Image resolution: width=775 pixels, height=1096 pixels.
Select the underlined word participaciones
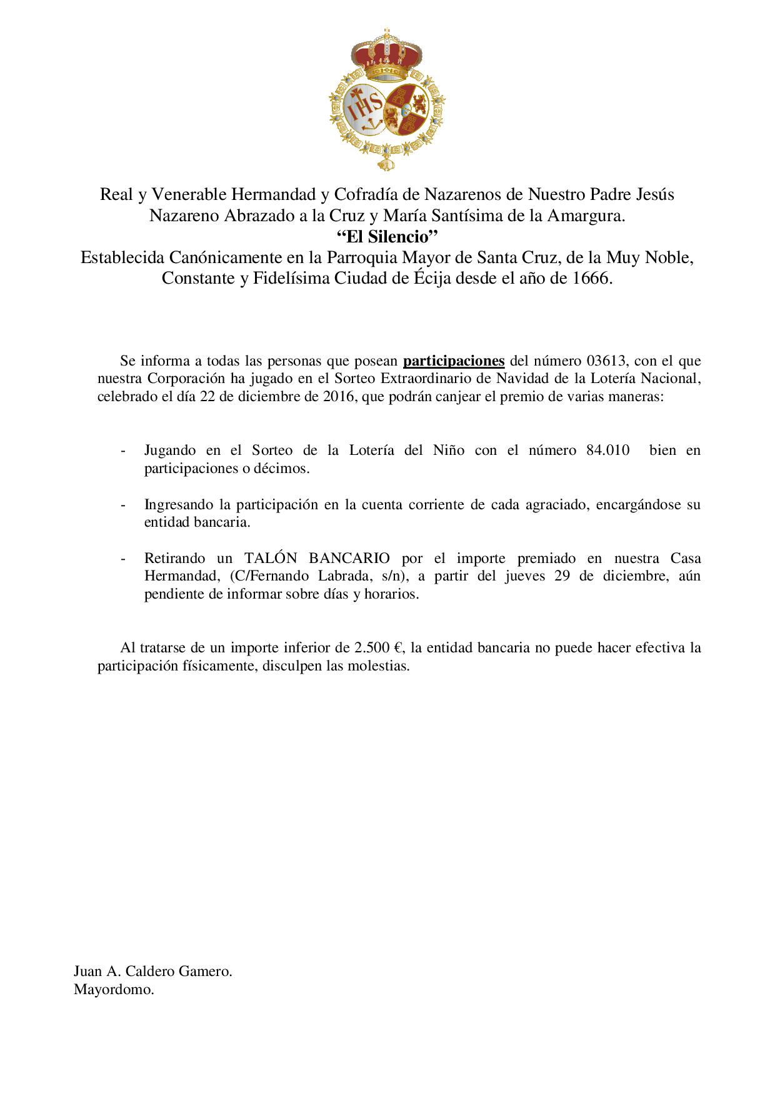454,361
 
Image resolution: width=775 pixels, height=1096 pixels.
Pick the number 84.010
608,451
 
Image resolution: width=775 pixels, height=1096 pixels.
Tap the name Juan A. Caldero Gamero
153,972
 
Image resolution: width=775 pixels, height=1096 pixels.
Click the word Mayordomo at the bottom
113,990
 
